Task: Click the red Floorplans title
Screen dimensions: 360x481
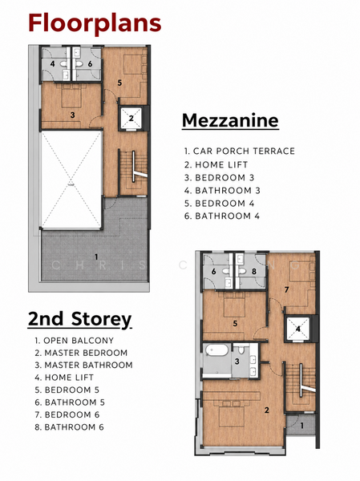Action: point(95,24)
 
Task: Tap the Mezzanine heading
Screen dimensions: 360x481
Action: point(230,120)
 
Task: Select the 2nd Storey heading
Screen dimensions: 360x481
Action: point(80,319)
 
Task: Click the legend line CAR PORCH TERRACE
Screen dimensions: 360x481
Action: point(240,151)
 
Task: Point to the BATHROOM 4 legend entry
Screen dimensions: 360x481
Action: point(222,216)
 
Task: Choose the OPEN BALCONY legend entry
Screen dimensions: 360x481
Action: point(75,341)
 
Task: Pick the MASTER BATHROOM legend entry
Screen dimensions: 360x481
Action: point(83,365)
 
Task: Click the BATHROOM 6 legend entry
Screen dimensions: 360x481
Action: point(70,427)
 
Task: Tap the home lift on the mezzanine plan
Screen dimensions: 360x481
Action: point(131,118)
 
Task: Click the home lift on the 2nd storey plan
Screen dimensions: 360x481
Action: point(298,329)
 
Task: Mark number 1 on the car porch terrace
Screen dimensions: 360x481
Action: point(96,257)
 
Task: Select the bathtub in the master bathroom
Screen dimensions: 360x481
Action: point(217,350)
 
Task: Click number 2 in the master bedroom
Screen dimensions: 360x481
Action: point(267,410)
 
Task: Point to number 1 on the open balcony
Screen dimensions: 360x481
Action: point(302,426)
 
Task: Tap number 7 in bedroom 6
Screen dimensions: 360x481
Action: point(287,289)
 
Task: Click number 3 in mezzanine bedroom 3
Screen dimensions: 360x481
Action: point(72,115)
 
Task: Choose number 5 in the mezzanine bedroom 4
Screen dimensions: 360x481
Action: point(119,83)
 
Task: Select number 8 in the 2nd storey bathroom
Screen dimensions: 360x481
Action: point(254,272)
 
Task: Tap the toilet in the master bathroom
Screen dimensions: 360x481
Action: point(241,350)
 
